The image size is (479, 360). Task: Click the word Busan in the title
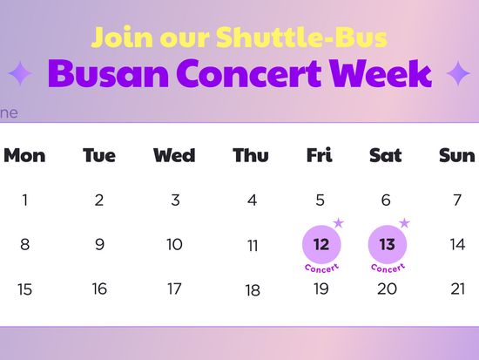pyautogui.click(x=109, y=73)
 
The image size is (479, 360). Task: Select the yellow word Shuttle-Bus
pyautogui.click(x=302, y=37)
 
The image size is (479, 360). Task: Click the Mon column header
pyautogui.click(x=24, y=155)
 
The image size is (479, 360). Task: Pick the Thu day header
pyautogui.click(x=251, y=155)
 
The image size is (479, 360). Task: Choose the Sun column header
pyautogui.click(x=457, y=155)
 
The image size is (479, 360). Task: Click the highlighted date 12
pyautogui.click(x=321, y=244)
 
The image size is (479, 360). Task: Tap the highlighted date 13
pyautogui.click(x=388, y=244)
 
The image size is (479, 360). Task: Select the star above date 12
pyautogui.click(x=339, y=223)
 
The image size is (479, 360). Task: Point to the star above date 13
pyautogui.click(x=404, y=223)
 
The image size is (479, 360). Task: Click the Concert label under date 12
pyautogui.click(x=321, y=268)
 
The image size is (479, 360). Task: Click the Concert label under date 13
pyautogui.click(x=388, y=268)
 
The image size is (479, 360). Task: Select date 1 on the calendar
pyautogui.click(x=25, y=200)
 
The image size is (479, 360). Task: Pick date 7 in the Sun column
pyautogui.click(x=457, y=200)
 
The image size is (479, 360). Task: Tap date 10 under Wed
pyautogui.click(x=174, y=245)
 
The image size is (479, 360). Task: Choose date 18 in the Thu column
pyautogui.click(x=253, y=290)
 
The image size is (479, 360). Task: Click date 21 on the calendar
pyautogui.click(x=458, y=289)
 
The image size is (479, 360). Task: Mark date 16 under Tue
pyautogui.click(x=99, y=289)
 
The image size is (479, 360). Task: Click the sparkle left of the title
pyautogui.click(x=20, y=73)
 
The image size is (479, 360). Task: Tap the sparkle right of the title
pyautogui.click(x=458, y=73)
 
